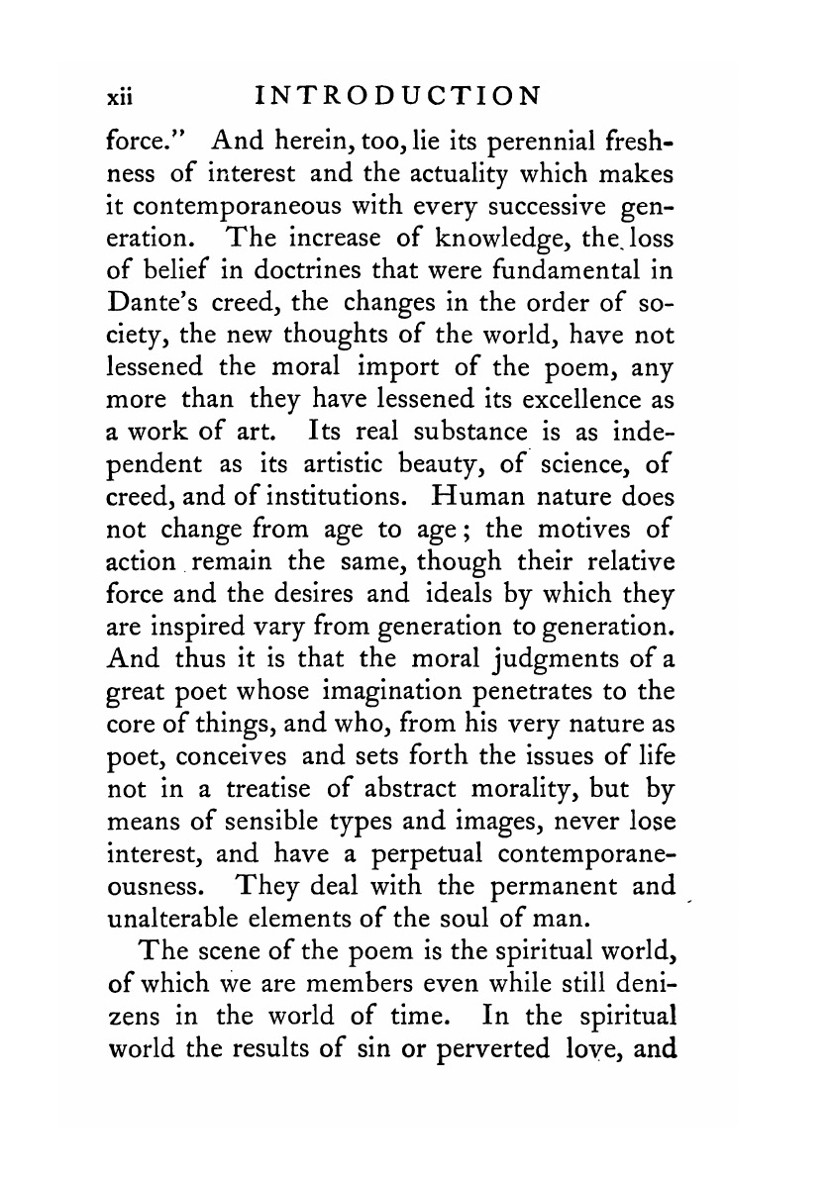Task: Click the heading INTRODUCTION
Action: [398, 97]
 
